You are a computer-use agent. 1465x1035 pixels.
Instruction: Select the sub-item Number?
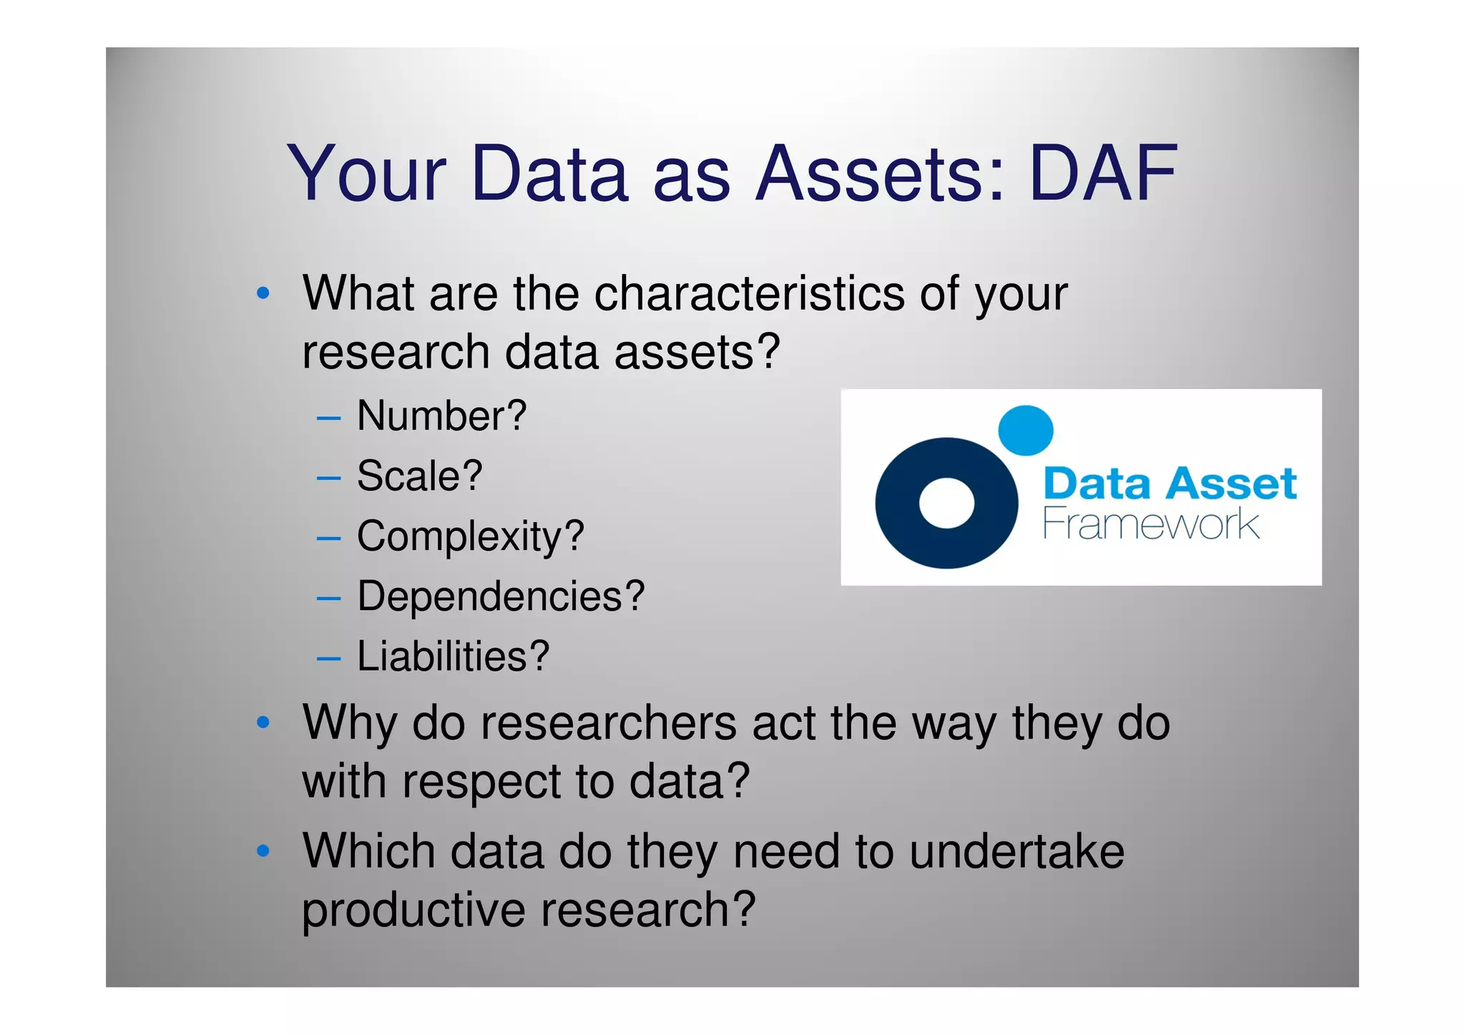click(441, 416)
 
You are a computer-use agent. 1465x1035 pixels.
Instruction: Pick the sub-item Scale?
click(420, 476)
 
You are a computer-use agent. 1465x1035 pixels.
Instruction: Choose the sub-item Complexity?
click(470, 536)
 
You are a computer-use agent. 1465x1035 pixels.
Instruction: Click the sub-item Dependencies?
click(501, 597)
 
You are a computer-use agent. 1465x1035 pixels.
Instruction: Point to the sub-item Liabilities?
click(453, 657)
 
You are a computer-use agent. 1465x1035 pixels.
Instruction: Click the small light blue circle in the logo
click(1025, 430)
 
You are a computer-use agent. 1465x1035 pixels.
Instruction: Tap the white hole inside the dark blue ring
click(946, 503)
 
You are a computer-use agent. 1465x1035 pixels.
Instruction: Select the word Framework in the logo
click(1150, 524)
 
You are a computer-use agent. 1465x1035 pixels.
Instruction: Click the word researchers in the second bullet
click(608, 722)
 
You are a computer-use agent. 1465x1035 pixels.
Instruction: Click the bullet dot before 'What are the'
click(263, 293)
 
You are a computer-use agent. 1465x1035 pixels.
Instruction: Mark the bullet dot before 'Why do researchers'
click(263, 723)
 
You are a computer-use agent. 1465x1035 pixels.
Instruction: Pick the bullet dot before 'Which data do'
click(263, 851)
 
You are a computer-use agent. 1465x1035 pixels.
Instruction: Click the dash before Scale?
click(328, 477)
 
